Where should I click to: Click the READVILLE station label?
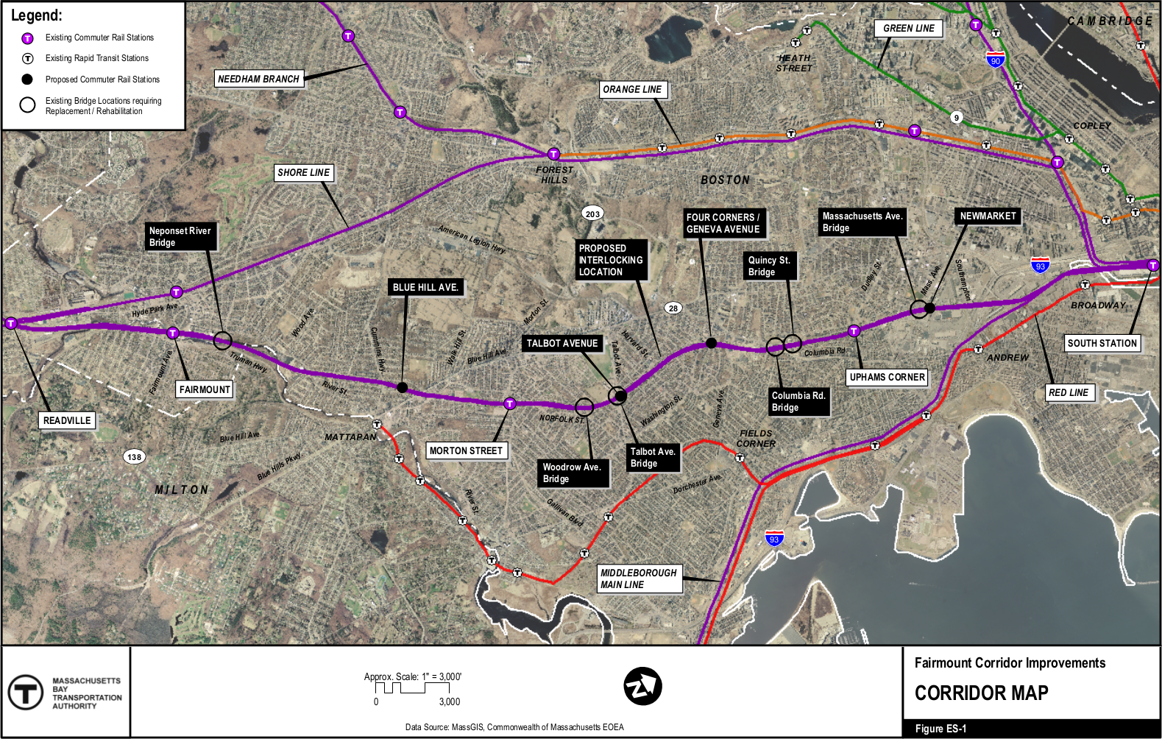(x=67, y=420)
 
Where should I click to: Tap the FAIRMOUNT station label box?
(x=205, y=389)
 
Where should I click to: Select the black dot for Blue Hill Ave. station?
(x=402, y=387)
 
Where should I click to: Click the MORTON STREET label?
(x=466, y=450)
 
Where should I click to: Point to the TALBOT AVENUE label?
(x=562, y=343)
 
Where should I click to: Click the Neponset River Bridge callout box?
(x=180, y=236)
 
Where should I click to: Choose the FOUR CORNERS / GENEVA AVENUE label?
(x=723, y=223)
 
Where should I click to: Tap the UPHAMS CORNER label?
(x=887, y=377)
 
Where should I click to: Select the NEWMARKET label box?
(x=988, y=216)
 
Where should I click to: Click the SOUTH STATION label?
(x=1102, y=343)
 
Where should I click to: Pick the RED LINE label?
(x=1069, y=392)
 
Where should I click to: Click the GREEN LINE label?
(x=909, y=28)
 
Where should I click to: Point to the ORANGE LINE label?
(x=632, y=89)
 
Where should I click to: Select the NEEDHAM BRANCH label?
(x=258, y=79)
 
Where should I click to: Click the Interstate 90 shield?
(x=995, y=60)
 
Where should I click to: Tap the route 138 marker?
(x=134, y=457)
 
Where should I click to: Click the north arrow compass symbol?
(x=642, y=686)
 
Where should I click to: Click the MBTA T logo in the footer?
(x=26, y=692)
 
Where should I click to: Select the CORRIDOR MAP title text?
(x=981, y=693)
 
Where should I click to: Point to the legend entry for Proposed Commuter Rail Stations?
(x=102, y=79)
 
